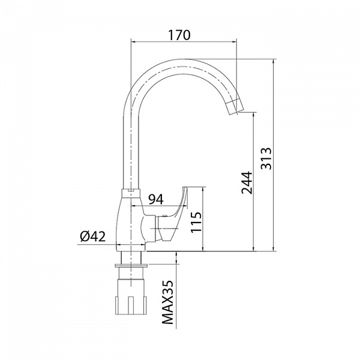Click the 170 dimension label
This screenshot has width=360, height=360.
179,35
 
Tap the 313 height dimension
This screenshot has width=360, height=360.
266,158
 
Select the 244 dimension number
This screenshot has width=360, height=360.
247,182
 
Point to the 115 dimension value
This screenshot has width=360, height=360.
196,222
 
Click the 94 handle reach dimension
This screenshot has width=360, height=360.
156,199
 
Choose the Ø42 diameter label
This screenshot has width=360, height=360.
93,236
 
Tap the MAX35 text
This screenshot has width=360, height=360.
167,302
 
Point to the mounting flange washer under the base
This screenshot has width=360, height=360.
131,266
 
